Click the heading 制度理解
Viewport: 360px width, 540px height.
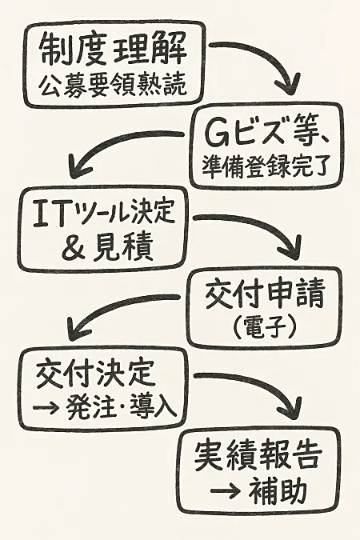(114, 50)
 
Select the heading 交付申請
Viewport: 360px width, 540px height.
(265, 294)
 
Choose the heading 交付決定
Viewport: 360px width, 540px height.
(94, 374)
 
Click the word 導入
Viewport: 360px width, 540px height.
(154, 408)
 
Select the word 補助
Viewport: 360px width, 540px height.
(278, 490)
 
